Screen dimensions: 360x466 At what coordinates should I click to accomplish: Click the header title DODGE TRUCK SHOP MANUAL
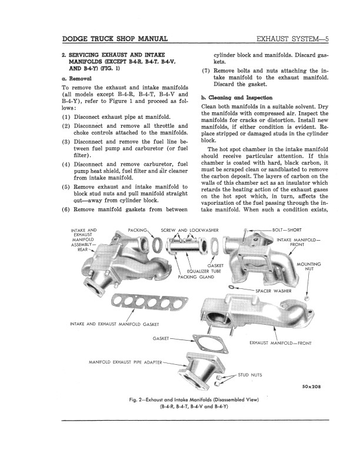(x=115, y=39)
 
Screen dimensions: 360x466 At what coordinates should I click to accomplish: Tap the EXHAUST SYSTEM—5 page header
(x=292, y=39)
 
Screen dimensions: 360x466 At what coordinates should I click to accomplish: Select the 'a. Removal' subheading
(x=76, y=79)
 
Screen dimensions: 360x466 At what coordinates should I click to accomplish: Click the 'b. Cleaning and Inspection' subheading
(x=236, y=98)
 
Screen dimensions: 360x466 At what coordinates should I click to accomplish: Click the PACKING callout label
(x=138, y=230)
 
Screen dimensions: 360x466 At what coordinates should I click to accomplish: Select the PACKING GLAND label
(x=196, y=277)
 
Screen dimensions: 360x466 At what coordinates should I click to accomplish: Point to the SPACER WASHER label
(x=274, y=291)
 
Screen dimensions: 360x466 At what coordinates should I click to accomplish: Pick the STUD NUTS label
(x=250, y=375)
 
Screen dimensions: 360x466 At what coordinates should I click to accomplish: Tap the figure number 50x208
(x=310, y=387)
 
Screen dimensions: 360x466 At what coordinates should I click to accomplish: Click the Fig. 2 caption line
(x=194, y=400)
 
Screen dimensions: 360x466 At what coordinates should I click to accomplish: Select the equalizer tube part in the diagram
(x=186, y=245)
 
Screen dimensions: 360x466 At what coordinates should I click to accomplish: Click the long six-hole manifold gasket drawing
(x=150, y=302)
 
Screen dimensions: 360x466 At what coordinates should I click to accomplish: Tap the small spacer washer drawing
(x=233, y=287)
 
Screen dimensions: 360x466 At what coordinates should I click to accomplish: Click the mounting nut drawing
(x=306, y=298)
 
